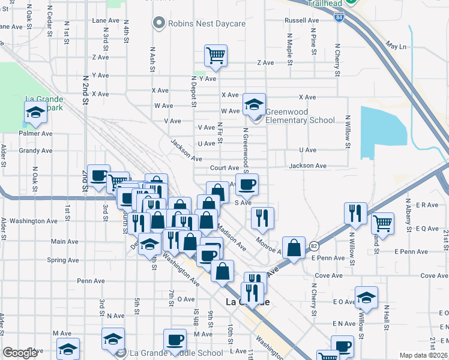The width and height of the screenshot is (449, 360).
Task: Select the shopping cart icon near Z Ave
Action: tap(215, 56)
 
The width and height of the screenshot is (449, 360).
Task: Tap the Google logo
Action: tap(20, 353)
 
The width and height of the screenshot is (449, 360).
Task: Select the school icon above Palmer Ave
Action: tap(35, 112)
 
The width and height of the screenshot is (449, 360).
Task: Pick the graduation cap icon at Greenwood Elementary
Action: tap(254, 105)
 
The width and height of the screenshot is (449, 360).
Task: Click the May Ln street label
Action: tap(397, 46)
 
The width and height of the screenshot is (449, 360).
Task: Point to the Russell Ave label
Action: tap(302, 20)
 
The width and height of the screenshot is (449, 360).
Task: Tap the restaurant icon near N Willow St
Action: tap(355, 213)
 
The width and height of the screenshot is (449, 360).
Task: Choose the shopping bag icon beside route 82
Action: tap(294, 247)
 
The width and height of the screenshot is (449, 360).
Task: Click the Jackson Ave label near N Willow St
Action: tap(307, 166)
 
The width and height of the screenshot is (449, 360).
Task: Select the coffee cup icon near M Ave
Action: tap(175, 340)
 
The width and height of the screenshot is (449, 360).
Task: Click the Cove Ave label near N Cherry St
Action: tap(328, 275)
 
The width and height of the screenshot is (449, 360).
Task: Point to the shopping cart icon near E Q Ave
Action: tap(382, 223)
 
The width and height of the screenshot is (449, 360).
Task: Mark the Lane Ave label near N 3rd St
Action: tap(106, 20)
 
